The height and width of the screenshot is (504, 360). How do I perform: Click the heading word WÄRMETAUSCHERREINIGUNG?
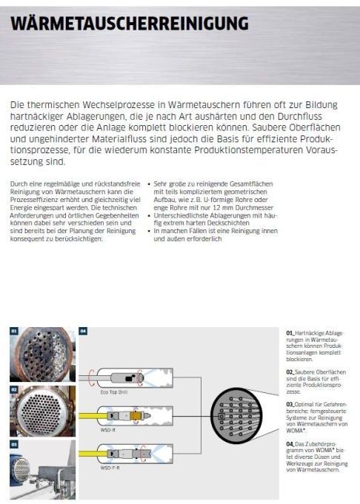130,24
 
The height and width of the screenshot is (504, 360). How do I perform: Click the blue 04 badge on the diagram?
83,330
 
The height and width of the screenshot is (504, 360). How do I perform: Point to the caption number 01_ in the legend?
290,333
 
